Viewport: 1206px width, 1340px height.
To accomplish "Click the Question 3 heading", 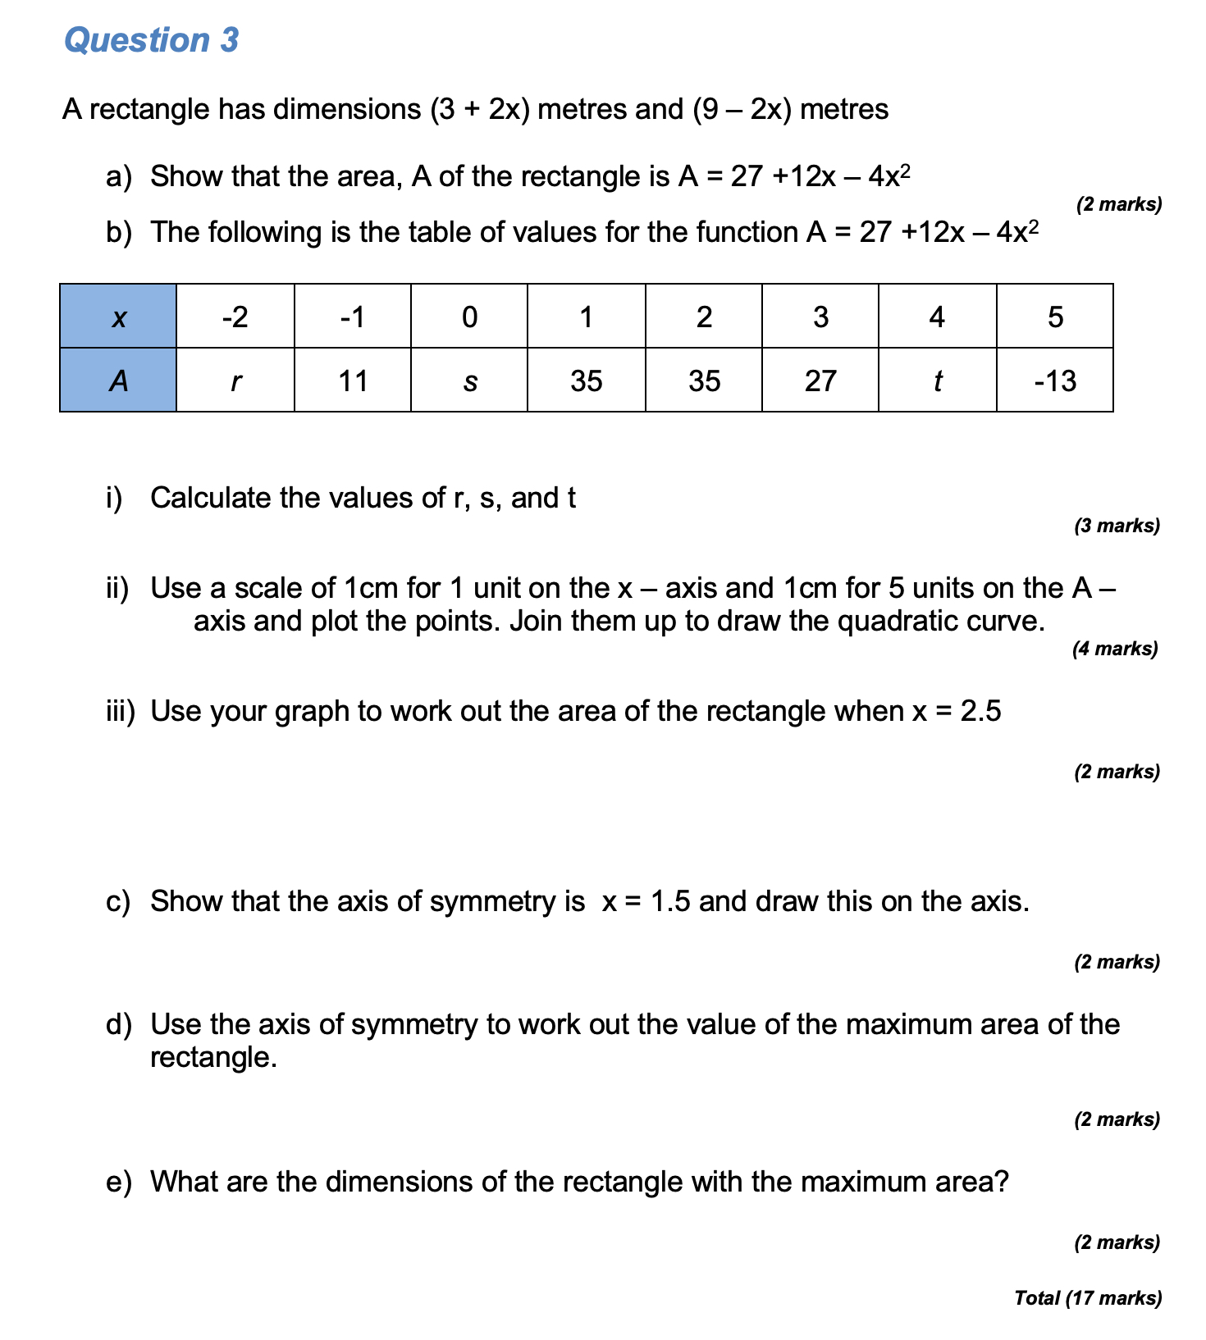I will pos(152,40).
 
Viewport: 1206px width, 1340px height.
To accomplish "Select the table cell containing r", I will pos(235,381).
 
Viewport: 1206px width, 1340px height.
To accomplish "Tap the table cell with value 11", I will pos(353,381).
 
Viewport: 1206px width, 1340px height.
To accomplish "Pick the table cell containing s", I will pos(469,381).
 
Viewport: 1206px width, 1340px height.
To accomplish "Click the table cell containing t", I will pos(937,381).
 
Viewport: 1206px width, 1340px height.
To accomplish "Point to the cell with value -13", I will pos(1055,381).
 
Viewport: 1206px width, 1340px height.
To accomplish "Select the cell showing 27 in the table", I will pos(820,381).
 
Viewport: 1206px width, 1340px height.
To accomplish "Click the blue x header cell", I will pos(118,317).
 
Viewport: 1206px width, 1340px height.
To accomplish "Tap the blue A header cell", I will pos(118,381).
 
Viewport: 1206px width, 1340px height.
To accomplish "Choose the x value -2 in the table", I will pos(235,317).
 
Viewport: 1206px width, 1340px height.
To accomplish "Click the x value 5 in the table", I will pos(1055,317).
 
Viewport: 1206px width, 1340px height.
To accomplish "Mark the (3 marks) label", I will pos(1117,526).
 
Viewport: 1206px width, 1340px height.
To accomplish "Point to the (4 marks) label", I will pos(1115,649).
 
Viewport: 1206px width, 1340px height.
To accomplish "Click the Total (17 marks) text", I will pos(1088,1298).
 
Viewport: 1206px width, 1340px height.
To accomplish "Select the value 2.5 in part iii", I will pos(980,711).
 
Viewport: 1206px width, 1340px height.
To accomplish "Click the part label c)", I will pos(118,901).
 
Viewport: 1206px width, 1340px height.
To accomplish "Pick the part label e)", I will pos(118,1182).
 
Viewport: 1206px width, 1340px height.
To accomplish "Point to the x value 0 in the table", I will pos(469,317).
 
